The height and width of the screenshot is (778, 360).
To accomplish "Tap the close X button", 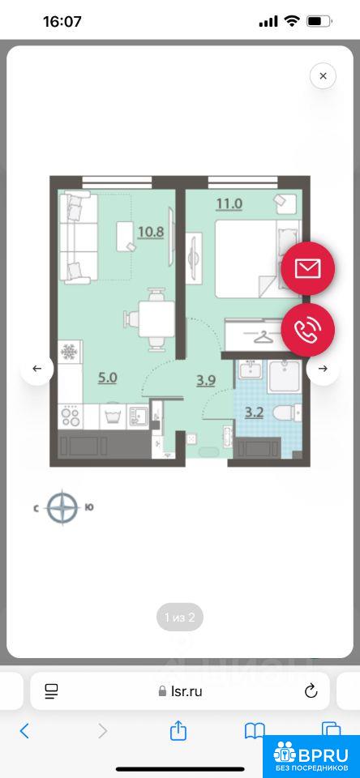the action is pyautogui.click(x=323, y=76).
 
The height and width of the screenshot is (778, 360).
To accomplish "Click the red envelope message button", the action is pyautogui.click(x=308, y=268).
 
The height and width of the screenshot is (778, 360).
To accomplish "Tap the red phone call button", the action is pyautogui.click(x=308, y=330).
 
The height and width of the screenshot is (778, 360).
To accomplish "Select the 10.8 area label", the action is pyautogui.click(x=151, y=232).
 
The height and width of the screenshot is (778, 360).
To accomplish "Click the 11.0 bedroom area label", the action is pyautogui.click(x=229, y=204).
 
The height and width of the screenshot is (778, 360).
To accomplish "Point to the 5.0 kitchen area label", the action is pyautogui.click(x=107, y=378).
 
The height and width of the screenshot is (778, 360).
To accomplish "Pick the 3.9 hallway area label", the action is pyautogui.click(x=206, y=381).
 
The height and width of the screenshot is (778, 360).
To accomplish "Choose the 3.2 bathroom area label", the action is pyautogui.click(x=255, y=412).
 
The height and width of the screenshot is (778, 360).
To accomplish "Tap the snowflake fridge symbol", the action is pyautogui.click(x=69, y=352).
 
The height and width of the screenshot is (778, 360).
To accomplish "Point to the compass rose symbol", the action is pyautogui.click(x=63, y=507).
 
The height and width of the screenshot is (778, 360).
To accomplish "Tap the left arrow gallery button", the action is pyautogui.click(x=36, y=369).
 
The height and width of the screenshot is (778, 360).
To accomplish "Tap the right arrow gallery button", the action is pyautogui.click(x=323, y=369).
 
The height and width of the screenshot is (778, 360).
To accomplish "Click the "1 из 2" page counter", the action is pyautogui.click(x=180, y=618).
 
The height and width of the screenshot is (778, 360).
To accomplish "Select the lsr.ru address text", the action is pyautogui.click(x=186, y=691).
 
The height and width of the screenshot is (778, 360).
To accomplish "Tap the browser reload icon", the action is pyautogui.click(x=311, y=690).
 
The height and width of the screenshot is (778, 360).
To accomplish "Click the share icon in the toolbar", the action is pyautogui.click(x=178, y=730).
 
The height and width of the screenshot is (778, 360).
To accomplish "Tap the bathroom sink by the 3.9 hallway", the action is pyautogui.click(x=251, y=370).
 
